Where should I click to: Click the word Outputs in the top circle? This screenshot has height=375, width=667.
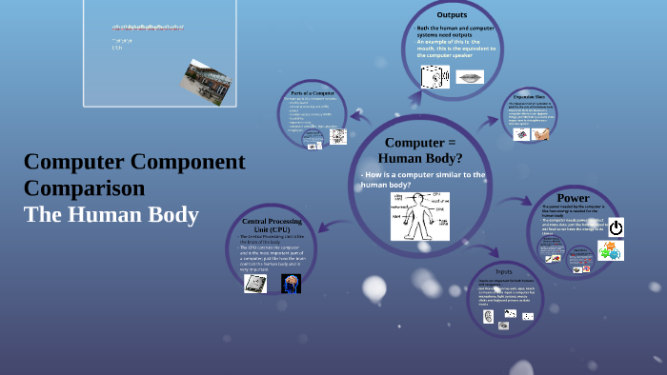pyautogui.click(x=452, y=15)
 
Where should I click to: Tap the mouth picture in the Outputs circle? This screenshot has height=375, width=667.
pyautogui.click(x=470, y=77)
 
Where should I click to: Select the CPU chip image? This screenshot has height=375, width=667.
pyautogui.click(x=255, y=283)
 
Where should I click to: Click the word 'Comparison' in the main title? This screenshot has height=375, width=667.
pyautogui.click(x=85, y=187)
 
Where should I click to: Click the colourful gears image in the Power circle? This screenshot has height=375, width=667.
pyautogui.click(x=610, y=250)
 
